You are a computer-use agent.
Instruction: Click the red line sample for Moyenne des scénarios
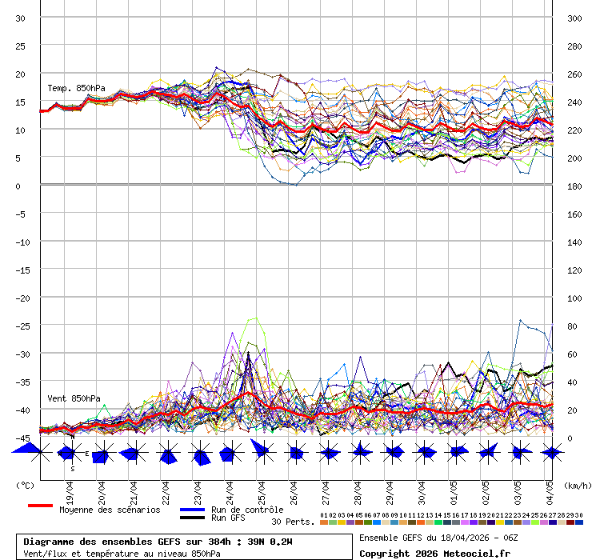pos(40,506)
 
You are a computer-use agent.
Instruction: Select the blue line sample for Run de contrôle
pos(192,510)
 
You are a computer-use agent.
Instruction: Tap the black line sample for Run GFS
pos(192,518)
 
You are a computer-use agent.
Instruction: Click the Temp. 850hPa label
pos(76,88)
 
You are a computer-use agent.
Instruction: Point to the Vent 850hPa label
pos(74,398)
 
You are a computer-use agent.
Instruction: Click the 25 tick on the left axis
pos(22,46)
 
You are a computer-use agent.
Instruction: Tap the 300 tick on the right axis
pos(574,18)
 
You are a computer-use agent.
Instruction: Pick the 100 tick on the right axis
pos(574,298)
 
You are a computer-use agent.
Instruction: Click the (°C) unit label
pos(26,485)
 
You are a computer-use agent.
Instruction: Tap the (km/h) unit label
pos(576,485)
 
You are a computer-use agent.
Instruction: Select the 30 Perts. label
pos(292,522)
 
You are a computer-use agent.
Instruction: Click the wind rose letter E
pos(87,454)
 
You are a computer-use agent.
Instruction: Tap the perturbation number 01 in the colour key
pos(324,515)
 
